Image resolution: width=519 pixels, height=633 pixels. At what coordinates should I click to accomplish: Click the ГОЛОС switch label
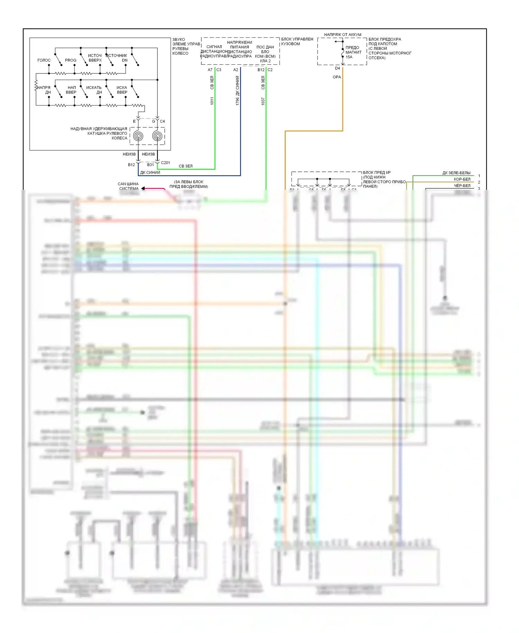(44, 60)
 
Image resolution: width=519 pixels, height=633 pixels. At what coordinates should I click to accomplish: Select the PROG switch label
(71, 60)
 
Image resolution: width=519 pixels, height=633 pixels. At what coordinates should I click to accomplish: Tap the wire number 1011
(212, 101)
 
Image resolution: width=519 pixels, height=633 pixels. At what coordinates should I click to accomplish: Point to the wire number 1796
(237, 101)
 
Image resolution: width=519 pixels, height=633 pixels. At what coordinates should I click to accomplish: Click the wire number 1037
(263, 101)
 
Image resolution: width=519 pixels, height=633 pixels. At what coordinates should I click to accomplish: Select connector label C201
(165, 163)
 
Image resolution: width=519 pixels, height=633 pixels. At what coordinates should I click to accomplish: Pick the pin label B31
(151, 165)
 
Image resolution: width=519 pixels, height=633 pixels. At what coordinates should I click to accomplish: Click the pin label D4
(337, 68)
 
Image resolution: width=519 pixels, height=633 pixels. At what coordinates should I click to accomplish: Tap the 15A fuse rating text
(349, 57)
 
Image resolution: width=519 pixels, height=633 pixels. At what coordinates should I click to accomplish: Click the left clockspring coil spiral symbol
(138, 136)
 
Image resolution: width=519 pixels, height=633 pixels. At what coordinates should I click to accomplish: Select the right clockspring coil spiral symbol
(157, 136)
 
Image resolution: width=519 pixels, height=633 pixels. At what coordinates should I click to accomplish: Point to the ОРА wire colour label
(337, 77)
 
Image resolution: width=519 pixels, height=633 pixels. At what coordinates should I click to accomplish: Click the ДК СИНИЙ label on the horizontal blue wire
(150, 172)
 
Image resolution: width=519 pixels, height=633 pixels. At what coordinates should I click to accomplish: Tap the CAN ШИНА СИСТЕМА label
(128, 186)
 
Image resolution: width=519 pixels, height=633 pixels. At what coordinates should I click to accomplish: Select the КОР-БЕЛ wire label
(462, 179)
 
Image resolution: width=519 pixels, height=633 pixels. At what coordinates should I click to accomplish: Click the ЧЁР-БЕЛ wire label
(462, 186)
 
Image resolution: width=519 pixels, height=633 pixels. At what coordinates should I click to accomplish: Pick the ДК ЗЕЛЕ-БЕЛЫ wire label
(456, 173)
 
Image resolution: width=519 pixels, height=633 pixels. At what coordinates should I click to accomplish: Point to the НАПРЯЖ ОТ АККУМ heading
(343, 35)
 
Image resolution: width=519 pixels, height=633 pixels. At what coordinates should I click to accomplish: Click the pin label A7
(210, 70)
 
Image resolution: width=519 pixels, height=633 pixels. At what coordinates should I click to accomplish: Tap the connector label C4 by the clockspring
(162, 122)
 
